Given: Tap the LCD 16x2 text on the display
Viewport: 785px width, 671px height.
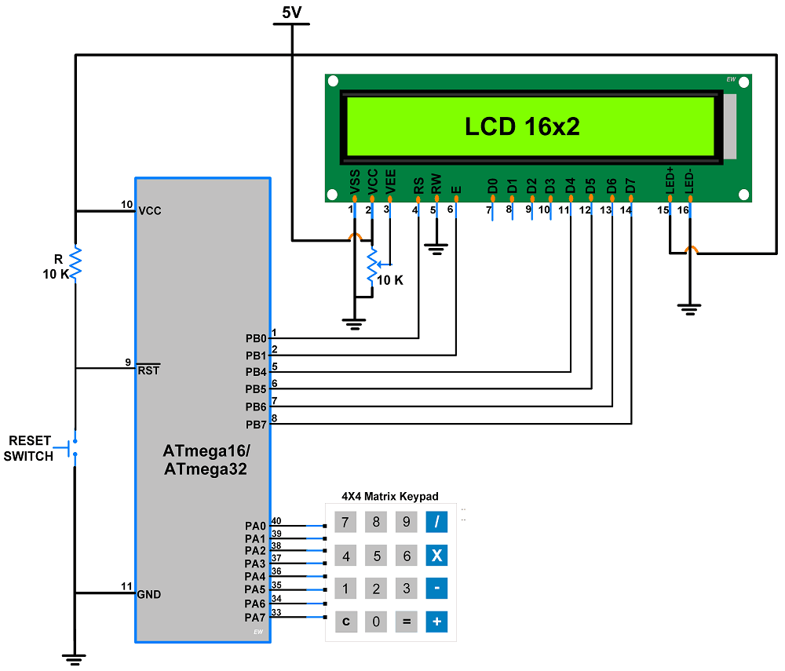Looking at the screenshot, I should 522,126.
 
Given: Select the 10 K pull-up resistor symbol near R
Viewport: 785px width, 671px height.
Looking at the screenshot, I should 75,263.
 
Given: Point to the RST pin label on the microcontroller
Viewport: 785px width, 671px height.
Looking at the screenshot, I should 148,370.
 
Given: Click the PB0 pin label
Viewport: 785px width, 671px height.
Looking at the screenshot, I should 256,338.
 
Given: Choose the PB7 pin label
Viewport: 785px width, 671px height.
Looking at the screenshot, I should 256,425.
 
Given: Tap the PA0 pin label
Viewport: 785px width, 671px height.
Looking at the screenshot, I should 255,525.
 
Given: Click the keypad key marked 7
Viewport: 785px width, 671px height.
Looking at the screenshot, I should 345,522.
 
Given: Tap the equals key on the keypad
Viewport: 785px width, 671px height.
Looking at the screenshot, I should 407,622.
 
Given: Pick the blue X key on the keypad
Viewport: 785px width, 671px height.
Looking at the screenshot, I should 437,556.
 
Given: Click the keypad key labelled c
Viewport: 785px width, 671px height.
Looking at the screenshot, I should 345,622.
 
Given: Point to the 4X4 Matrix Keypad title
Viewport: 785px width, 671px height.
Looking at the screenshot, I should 390,497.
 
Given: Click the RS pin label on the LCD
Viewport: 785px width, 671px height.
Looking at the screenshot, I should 418,185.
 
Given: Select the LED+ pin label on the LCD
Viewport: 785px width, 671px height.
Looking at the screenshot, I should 670,181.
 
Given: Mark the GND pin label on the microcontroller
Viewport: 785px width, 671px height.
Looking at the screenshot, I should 148,594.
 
